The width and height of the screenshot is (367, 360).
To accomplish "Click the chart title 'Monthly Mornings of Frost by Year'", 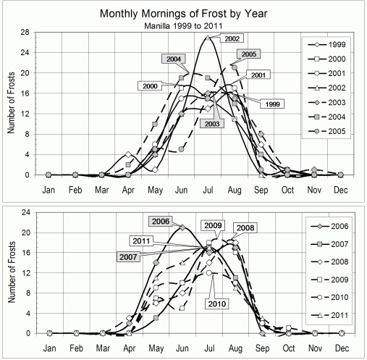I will point(183,14).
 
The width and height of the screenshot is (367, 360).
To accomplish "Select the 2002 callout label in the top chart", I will point(232,38).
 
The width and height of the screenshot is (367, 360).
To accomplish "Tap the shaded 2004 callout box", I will point(173,59).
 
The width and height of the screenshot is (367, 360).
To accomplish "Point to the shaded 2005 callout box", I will point(248,54).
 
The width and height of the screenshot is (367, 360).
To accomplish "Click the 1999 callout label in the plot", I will point(274,105).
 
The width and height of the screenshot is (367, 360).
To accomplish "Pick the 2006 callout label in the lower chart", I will point(161,221).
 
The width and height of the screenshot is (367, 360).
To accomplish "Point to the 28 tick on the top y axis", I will point(23,32).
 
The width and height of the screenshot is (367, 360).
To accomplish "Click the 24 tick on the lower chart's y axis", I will point(23,212).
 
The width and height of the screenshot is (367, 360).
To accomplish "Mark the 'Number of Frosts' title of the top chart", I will point(9,104).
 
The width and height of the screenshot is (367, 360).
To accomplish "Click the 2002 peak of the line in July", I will point(208,36).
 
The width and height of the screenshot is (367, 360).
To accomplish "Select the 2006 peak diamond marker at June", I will point(182,227).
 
